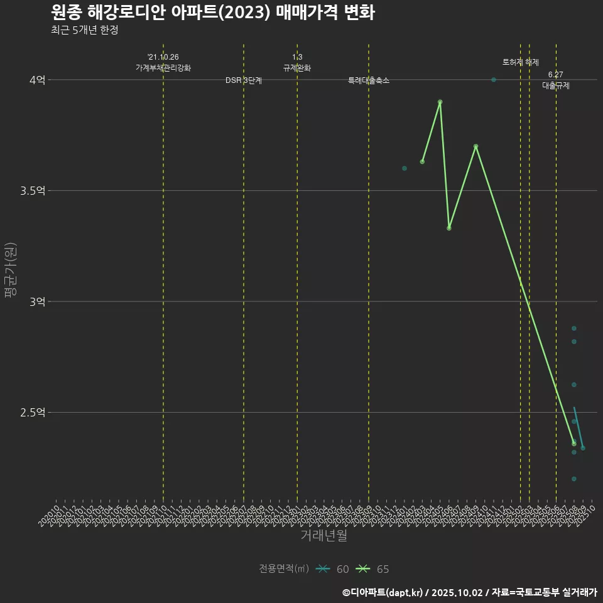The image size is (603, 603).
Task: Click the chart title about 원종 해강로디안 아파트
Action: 212,13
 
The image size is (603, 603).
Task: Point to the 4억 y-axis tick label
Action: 37,80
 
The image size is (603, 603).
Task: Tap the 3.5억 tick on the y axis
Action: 33,191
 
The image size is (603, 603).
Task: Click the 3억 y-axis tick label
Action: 37,301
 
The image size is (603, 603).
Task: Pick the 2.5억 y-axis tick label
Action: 33,413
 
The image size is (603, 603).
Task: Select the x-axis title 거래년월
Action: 323,536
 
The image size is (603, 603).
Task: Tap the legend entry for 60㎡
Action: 333,569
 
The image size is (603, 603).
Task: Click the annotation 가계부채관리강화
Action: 163,68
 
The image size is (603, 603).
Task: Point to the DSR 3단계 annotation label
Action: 244,81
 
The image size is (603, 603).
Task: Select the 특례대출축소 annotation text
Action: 369,81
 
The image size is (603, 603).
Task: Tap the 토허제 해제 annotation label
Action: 521,62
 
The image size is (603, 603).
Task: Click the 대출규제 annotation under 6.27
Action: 556,86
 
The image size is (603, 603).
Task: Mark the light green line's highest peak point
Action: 440,102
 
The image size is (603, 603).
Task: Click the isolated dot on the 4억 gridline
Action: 494,80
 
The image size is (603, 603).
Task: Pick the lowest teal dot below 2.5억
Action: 574,479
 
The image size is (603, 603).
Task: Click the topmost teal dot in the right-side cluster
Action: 574,329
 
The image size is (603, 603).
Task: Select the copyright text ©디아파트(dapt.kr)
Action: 384,592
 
